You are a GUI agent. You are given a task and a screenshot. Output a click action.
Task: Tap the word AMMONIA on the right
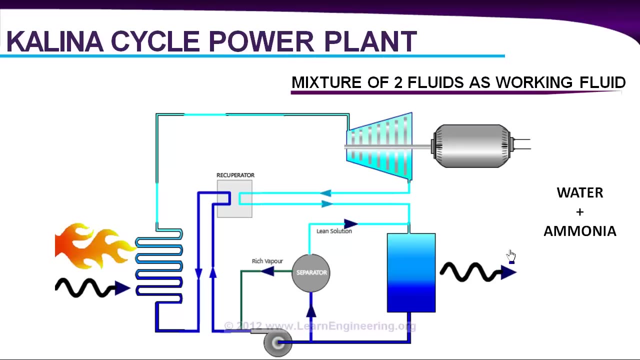pyautogui.click(x=580, y=231)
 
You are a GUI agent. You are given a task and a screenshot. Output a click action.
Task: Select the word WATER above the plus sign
pyautogui.click(x=580, y=193)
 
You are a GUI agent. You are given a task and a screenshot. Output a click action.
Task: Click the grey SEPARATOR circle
pyautogui.click(x=311, y=273)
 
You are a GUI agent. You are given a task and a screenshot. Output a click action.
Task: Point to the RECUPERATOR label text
pyautogui.click(x=235, y=175)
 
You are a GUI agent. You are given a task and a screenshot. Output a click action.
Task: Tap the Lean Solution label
pyautogui.click(x=334, y=231)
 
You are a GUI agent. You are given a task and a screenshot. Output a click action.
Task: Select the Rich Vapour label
pyautogui.click(x=267, y=261)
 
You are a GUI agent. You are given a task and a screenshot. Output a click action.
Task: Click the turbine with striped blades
pyautogui.click(x=380, y=146)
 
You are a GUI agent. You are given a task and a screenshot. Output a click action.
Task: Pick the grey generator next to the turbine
pyautogui.click(x=472, y=146)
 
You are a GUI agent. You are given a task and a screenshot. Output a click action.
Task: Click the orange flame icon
pyautogui.click(x=92, y=246)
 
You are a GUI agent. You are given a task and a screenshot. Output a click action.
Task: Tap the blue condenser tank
pyautogui.click(x=411, y=273)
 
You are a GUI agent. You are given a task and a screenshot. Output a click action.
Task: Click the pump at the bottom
pyautogui.click(x=277, y=342)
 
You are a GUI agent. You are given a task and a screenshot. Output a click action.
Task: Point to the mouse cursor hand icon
pyautogui.click(x=510, y=256)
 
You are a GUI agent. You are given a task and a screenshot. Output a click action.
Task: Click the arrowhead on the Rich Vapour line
pyautogui.click(x=267, y=271)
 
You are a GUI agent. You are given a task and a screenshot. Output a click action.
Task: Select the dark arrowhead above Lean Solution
pyautogui.click(x=350, y=223)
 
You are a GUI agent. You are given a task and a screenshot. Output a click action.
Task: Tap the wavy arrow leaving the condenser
pyautogui.click(x=477, y=272)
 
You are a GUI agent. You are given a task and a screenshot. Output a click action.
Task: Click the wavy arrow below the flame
pyautogui.click(x=92, y=288)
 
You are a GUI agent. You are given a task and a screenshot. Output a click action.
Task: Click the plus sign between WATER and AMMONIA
pyautogui.click(x=579, y=212)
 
